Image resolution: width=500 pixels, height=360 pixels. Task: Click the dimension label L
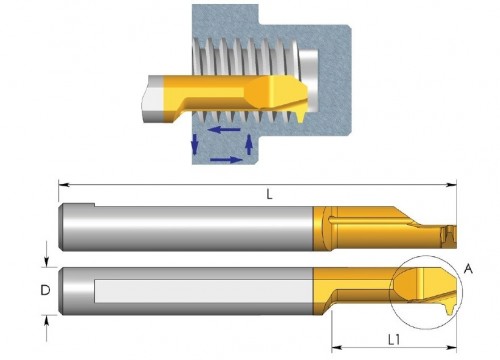[x=269, y=194]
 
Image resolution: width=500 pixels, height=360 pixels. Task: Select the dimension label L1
[x=394, y=340]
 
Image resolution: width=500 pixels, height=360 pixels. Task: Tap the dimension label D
[x=45, y=290]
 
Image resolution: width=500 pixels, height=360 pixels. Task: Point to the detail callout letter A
[x=469, y=268]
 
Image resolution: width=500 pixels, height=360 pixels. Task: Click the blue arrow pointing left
[x=224, y=129]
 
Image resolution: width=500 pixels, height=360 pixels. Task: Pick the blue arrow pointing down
[x=195, y=143]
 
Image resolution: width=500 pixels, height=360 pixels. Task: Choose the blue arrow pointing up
[x=248, y=144]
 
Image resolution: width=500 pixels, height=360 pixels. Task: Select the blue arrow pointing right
[x=226, y=160]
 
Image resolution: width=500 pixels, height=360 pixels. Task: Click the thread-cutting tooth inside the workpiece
[x=300, y=116]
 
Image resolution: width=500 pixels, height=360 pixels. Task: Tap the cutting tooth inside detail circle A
[x=450, y=308]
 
